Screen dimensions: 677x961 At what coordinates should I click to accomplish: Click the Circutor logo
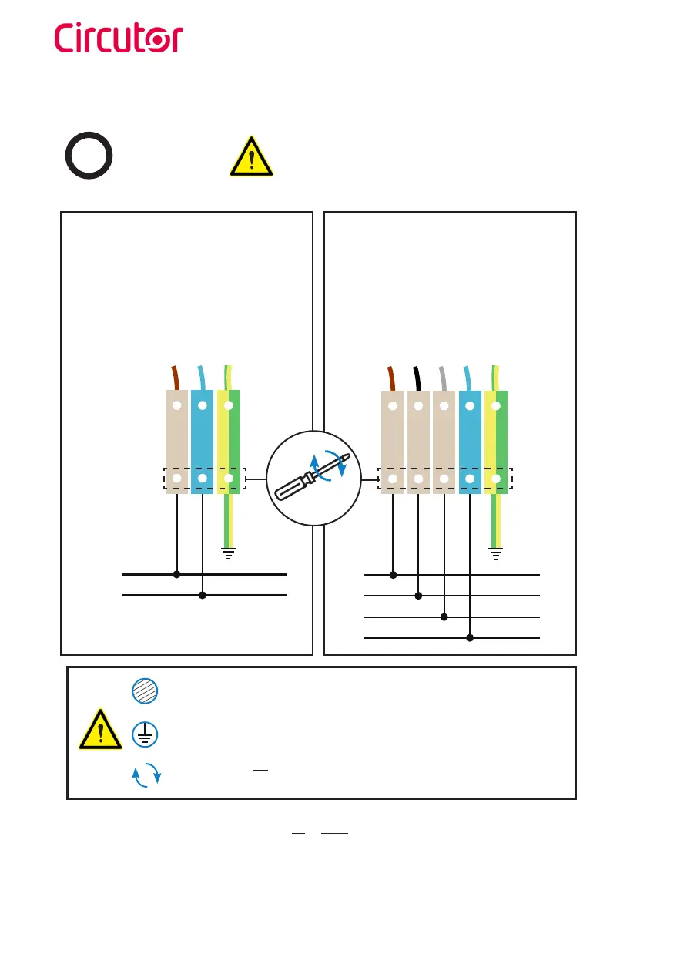[119, 39]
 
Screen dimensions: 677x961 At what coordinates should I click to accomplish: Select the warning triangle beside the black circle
[251, 156]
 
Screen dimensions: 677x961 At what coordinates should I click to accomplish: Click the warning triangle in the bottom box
[100, 730]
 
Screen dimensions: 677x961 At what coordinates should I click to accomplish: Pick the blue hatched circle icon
[145, 691]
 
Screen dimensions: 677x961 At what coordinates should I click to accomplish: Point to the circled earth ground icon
[145, 734]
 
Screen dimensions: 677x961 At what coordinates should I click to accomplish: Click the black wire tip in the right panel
[417, 378]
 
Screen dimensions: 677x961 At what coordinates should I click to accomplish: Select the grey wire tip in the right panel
[443, 378]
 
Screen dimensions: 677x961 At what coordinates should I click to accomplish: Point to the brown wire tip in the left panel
[176, 378]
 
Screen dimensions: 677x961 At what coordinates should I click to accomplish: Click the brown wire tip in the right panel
[392, 378]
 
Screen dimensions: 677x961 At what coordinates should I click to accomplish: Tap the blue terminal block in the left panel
[202, 442]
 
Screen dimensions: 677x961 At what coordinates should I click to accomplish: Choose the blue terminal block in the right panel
[470, 442]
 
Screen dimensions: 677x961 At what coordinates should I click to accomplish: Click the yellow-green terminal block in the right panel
[496, 442]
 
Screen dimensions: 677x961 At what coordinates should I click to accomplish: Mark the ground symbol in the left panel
[228, 552]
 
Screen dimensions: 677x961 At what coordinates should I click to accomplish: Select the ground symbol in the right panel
[496, 552]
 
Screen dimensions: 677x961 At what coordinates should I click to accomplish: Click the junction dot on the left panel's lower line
[202, 595]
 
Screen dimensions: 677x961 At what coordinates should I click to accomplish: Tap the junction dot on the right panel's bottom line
[470, 638]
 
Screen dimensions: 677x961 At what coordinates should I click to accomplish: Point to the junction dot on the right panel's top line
[393, 575]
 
